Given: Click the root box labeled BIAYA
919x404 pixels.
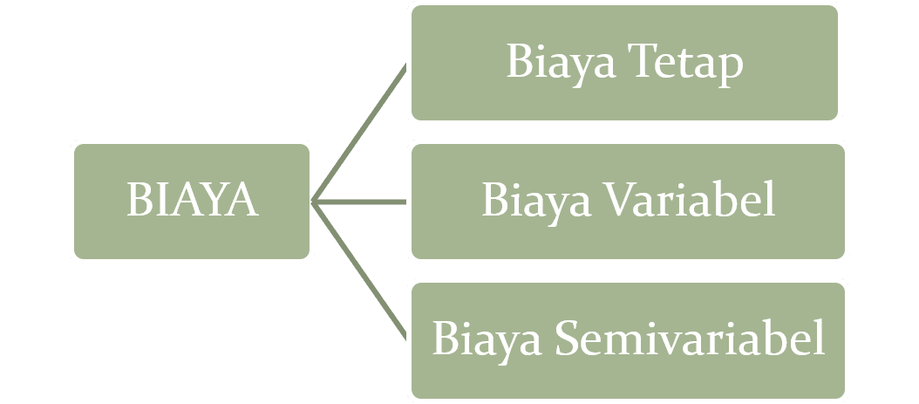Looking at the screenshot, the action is click(192, 202).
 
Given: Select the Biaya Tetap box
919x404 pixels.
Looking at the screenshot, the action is click(624, 63).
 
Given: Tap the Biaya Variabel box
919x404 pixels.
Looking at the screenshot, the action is click(627, 202).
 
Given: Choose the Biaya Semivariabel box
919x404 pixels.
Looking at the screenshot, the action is click(627, 339).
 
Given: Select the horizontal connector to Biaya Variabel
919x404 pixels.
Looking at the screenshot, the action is click(359, 202).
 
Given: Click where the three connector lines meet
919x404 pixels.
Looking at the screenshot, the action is click(313, 202).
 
